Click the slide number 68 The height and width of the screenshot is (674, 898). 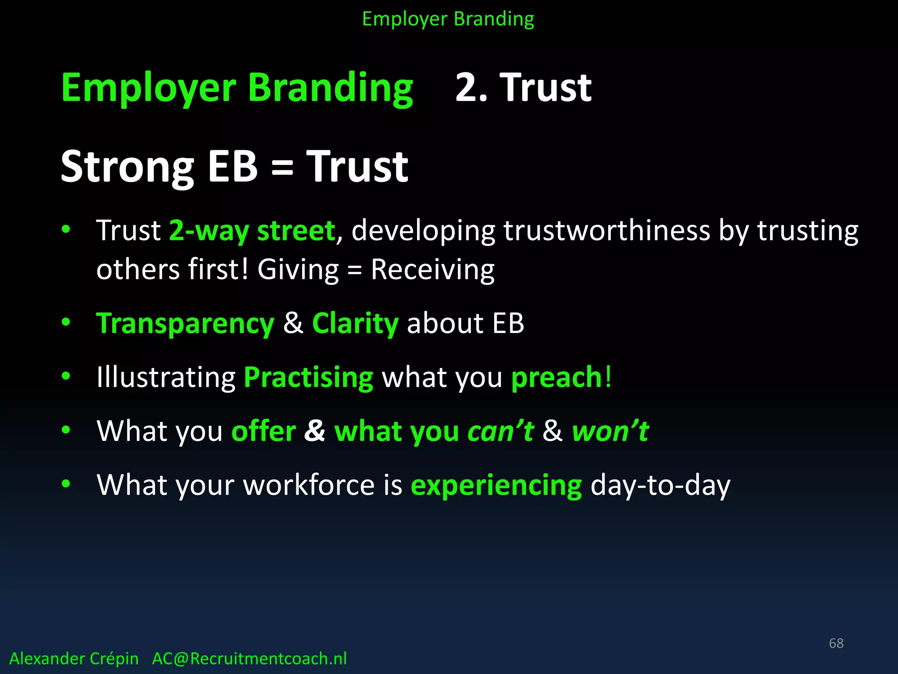point(836,643)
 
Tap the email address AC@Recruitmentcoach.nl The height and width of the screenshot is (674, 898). point(249,659)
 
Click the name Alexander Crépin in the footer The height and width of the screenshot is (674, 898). point(74,659)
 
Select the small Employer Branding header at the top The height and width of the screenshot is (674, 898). point(448,19)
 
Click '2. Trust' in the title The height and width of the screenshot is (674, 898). point(523,88)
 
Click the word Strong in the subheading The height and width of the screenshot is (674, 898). point(127,167)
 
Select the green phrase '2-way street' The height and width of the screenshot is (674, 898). point(252,231)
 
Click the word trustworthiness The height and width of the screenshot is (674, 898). point(606,231)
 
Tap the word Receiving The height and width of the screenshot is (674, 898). point(433,269)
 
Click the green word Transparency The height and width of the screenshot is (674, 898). point(185,324)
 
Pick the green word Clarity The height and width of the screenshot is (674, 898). point(355,324)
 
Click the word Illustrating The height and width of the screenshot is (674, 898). point(166,377)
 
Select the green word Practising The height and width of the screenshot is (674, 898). point(308,377)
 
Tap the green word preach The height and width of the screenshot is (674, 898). point(556,377)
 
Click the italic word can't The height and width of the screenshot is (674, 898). point(500,431)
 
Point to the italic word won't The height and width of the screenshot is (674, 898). point(610,431)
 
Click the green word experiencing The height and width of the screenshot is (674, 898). point(496,485)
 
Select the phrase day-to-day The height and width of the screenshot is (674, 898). point(660,485)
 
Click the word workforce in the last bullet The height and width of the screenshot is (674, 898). point(309,485)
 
